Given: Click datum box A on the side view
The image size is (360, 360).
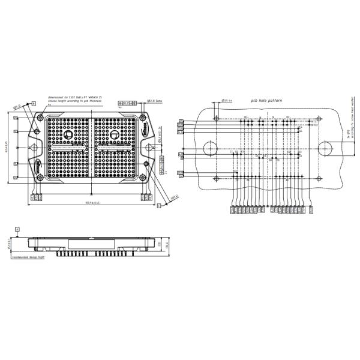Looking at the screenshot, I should [x=18, y=229].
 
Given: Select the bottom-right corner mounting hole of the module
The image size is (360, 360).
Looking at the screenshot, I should [x=142, y=178].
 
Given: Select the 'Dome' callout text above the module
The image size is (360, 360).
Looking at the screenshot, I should [x=142, y=101].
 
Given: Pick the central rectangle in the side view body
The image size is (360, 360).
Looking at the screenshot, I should [x=90, y=244].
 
